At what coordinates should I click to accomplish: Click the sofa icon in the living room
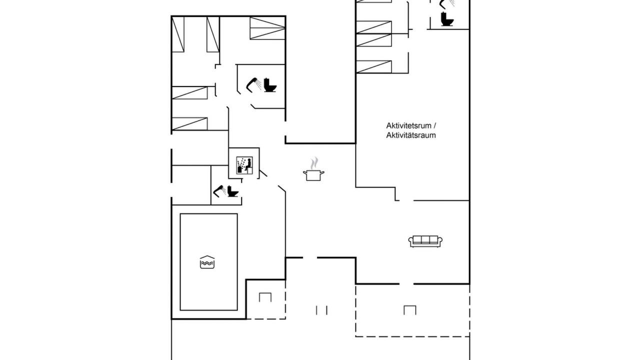point(425,241)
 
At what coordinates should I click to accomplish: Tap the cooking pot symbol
point(313,175)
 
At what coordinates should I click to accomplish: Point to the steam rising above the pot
point(314,163)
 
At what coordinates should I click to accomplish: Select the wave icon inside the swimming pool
point(207,262)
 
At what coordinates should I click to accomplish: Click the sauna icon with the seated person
point(244,165)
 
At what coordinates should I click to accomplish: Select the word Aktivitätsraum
point(411,135)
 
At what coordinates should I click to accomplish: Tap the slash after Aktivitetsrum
point(434,125)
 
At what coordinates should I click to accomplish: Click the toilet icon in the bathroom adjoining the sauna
point(233,191)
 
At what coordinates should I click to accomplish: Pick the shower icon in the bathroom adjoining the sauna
point(219,191)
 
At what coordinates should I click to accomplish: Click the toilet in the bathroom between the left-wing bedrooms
point(269,85)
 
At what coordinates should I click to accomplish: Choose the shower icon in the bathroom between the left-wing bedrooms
point(253,85)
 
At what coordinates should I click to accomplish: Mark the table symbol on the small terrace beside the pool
point(265,297)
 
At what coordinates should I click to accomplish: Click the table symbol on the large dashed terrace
point(409,310)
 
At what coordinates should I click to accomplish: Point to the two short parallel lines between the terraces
point(321,310)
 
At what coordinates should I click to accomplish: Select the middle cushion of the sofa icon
point(425,239)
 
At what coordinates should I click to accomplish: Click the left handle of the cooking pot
point(304,172)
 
